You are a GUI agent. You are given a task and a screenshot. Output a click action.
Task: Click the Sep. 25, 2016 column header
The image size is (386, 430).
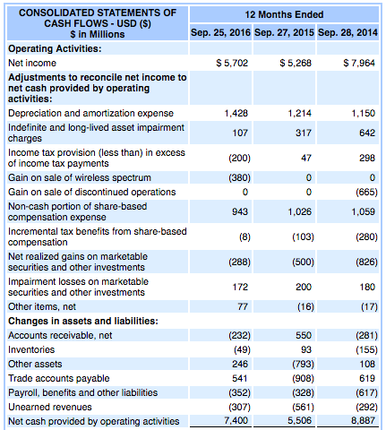pos(220,32)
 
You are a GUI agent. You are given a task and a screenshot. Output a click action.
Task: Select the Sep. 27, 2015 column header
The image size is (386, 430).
pos(284,32)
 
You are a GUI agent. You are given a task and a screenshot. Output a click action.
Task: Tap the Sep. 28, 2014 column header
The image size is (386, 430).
pos(347,32)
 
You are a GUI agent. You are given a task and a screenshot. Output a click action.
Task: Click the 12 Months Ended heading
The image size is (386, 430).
pos(284,14)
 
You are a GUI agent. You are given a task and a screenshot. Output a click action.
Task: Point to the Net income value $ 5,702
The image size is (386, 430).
pos(232,63)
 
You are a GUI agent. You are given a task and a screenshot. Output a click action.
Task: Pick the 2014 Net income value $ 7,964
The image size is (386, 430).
pos(359,63)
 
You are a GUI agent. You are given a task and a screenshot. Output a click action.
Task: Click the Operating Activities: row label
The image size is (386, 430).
pos(55,48)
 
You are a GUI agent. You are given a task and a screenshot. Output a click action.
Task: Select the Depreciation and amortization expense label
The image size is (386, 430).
pos(90,113)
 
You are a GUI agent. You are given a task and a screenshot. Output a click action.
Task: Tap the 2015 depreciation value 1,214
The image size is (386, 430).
pos(299,113)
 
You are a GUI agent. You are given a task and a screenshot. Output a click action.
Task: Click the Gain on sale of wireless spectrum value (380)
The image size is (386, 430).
pos(239,177)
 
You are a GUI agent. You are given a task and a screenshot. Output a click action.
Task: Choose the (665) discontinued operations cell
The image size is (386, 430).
pos(366,192)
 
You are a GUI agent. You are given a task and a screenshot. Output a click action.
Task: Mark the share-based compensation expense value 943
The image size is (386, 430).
pos(240,211)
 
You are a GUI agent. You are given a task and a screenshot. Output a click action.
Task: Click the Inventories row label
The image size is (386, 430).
pos(31,349)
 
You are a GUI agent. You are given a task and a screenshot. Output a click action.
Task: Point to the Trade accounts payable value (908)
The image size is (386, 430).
pos(303,378)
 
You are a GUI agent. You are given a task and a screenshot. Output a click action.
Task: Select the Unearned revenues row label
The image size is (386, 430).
pos(50,407)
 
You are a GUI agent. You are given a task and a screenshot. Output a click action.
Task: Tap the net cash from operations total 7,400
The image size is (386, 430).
pos(236,420)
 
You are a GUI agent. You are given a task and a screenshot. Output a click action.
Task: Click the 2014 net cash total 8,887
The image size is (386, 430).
pos(363,420)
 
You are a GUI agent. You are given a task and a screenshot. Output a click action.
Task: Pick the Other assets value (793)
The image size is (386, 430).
pos(303,364)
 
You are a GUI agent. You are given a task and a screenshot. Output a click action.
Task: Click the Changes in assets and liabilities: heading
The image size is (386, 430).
pos(83,321)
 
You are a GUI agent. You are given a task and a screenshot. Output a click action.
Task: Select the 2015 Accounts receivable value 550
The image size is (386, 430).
pos(304,335)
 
